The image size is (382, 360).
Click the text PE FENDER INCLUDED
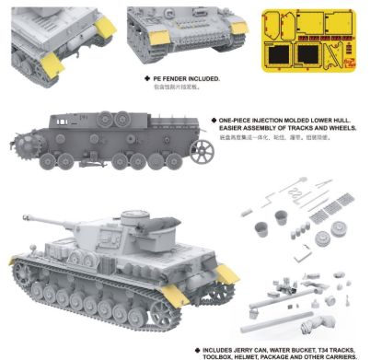189,80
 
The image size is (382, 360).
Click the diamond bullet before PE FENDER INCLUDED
152,80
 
